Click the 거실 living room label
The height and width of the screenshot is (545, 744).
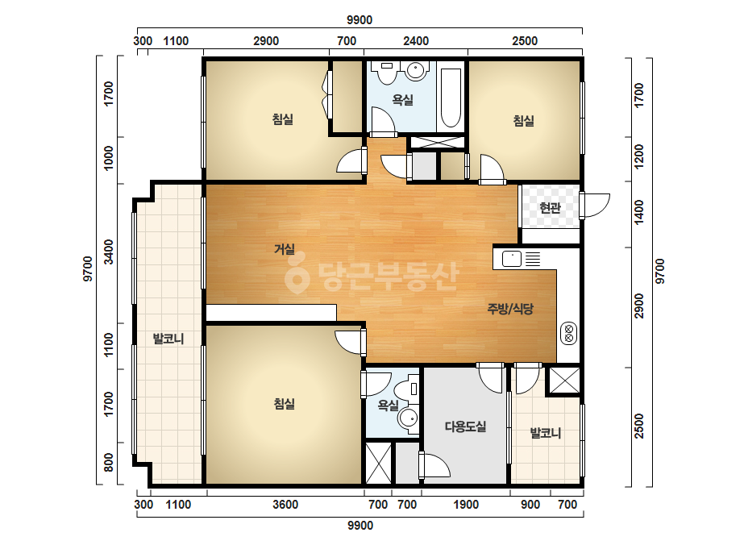tap(285, 249)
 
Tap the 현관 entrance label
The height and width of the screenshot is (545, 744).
tap(551, 207)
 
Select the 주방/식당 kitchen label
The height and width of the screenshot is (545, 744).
tap(510, 309)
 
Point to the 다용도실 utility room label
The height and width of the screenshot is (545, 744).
tap(465, 426)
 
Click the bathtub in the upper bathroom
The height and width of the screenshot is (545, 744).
tap(451, 98)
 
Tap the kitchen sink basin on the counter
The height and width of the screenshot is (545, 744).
tap(512, 260)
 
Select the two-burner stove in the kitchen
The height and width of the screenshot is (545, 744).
tap(568, 333)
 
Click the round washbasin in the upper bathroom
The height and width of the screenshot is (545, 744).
tap(415, 70)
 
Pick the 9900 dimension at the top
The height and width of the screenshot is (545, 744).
tap(360, 20)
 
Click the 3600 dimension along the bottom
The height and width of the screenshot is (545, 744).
tap(285, 504)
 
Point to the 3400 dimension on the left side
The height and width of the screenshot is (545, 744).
tap(109, 252)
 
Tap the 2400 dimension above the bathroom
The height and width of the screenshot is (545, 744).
tap(416, 41)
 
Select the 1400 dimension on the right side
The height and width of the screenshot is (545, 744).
tap(639, 212)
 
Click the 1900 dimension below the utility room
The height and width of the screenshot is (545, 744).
tap(465, 504)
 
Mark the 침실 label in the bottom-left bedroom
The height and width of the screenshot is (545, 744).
tap(285, 404)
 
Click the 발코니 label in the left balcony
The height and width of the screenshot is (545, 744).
tap(168, 339)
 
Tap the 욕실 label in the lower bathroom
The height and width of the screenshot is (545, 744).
tap(388, 405)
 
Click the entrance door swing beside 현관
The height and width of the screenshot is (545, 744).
tap(594, 206)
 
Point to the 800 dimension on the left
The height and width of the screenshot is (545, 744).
tap(109, 462)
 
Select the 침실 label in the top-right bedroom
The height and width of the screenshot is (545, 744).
tap(524, 121)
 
